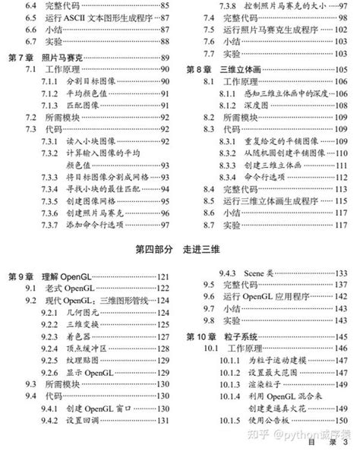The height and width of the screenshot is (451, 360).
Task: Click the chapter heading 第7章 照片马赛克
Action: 43,57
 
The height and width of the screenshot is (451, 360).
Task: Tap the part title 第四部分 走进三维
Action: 179,249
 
